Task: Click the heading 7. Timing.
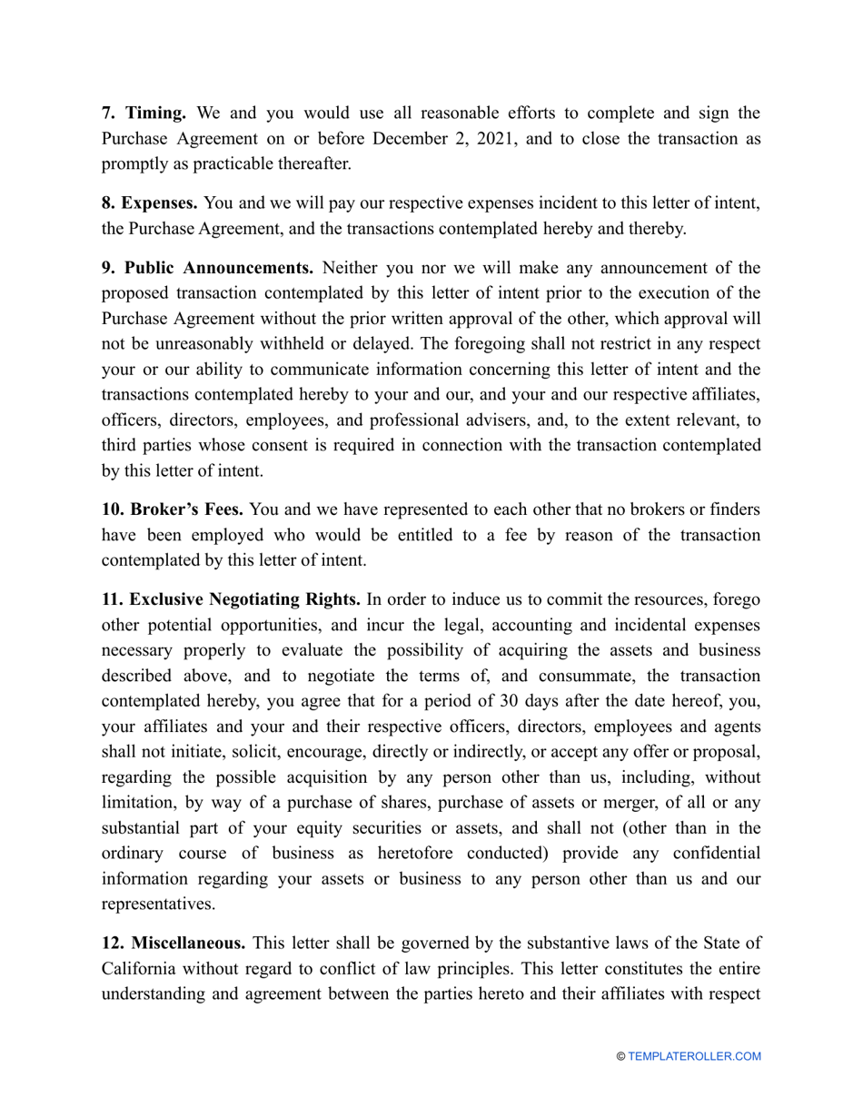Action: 144,114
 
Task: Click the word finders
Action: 733,510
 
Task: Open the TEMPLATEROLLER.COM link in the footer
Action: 695,1056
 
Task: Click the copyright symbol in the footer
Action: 620,1056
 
